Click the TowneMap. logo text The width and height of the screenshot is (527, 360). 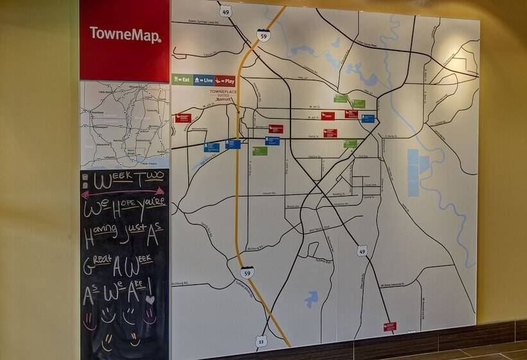coord(125,34)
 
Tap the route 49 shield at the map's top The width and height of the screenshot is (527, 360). coord(225,11)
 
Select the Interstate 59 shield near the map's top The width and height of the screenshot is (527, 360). coord(263,35)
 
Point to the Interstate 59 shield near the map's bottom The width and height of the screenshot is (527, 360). coord(247,272)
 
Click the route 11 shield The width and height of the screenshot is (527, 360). coord(261,341)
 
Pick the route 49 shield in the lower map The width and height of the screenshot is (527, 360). coord(362,251)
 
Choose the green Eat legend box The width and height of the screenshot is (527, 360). coord(183,80)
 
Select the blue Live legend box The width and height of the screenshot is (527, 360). coord(204,80)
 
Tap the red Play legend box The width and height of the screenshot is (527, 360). coord(225,80)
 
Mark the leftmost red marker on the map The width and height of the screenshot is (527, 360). coord(183,118)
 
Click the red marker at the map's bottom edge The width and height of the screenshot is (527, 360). coord(389,326)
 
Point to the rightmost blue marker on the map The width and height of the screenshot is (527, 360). coord(368,118)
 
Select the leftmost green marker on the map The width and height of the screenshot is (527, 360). coord(260,150)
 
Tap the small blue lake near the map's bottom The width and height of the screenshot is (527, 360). coord(312,298)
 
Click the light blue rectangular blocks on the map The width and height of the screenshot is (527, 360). coord(415,172)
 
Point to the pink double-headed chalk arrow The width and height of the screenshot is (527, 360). coord(122,192)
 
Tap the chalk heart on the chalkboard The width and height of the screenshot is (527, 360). coord(150,300)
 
